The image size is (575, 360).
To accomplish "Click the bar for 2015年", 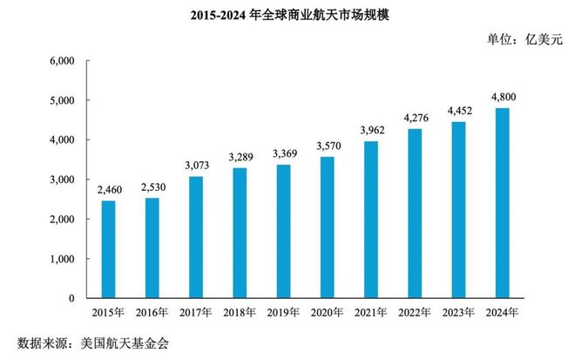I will tap(108, 249).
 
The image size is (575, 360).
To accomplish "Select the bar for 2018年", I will tap(240, 233).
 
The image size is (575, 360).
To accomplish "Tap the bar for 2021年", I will tap(371, 220).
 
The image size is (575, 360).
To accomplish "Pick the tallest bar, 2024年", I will tap(503, 203).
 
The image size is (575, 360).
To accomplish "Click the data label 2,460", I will tap(108, 187).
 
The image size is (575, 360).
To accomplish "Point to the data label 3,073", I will tap(196, 164).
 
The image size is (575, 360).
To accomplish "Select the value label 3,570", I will tap(328, 145).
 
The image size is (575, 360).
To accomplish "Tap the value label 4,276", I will tap(415, 117).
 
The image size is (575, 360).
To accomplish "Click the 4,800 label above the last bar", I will tap(503, 96).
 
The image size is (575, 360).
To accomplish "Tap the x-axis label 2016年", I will tap(152, 311).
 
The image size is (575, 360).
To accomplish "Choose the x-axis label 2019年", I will tap(283, 311).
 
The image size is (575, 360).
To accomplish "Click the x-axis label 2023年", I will tap(458, 311).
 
